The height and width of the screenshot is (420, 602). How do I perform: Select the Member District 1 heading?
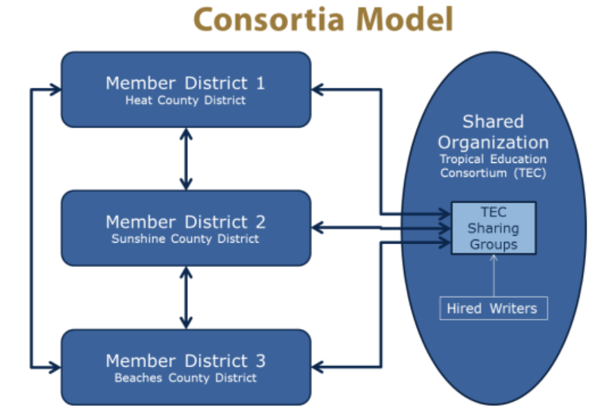[185, 83]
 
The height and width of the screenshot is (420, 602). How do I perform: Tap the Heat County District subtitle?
[185, 100]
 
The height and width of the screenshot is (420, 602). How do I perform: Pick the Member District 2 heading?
[185, 221]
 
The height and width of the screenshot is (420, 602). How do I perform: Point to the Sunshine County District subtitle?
[185, 239]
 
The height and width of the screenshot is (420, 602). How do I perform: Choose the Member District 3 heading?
[185, 361]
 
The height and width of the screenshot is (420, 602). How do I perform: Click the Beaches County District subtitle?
[185, 378]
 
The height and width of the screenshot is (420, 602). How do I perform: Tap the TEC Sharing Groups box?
[493, 228]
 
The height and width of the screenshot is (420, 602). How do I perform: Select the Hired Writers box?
[493, 308]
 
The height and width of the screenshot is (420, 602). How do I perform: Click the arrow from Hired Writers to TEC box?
[493, 276]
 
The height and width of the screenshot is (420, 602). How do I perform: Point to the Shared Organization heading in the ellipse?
[493, 132]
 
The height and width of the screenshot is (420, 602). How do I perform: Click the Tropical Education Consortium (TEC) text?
[493, 167]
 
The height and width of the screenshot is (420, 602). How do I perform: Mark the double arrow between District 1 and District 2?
[186, 158]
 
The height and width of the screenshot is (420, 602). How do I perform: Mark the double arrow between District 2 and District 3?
[186, 297]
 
